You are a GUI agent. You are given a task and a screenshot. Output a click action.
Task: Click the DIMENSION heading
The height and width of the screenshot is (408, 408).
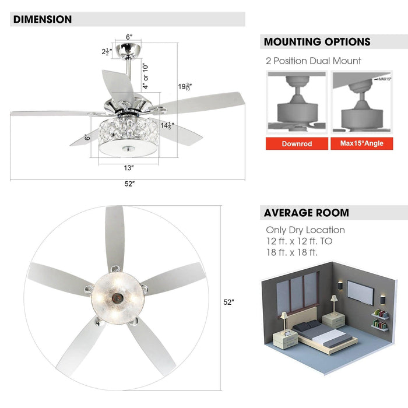(43, 19)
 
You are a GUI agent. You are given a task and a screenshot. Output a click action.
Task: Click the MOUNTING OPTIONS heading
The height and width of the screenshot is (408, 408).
(317, 42)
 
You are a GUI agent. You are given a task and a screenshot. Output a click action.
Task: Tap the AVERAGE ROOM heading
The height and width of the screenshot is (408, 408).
(307, 213)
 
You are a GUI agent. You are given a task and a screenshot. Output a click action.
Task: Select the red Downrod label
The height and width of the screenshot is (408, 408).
(296, 143)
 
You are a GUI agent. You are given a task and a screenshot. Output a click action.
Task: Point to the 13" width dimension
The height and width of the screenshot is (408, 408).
(129, 168)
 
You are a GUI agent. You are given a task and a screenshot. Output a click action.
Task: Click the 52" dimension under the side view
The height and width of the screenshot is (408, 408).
(129, 184)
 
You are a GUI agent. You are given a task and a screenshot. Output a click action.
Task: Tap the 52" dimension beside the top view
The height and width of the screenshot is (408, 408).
(228, 303)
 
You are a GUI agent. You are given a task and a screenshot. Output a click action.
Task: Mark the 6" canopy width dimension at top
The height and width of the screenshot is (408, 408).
(129, 38)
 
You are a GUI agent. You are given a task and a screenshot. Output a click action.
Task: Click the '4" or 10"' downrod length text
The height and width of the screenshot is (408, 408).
(146, 75)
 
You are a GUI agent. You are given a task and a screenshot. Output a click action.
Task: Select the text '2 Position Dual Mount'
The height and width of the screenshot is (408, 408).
(314, 61)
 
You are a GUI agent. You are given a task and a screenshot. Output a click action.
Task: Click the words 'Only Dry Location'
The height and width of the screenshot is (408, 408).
(305, 230)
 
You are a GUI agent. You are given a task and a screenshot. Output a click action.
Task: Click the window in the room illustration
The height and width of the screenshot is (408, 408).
(297, 291)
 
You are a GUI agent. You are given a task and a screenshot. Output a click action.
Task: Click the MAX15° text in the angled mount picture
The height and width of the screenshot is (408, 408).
(384, 78)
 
